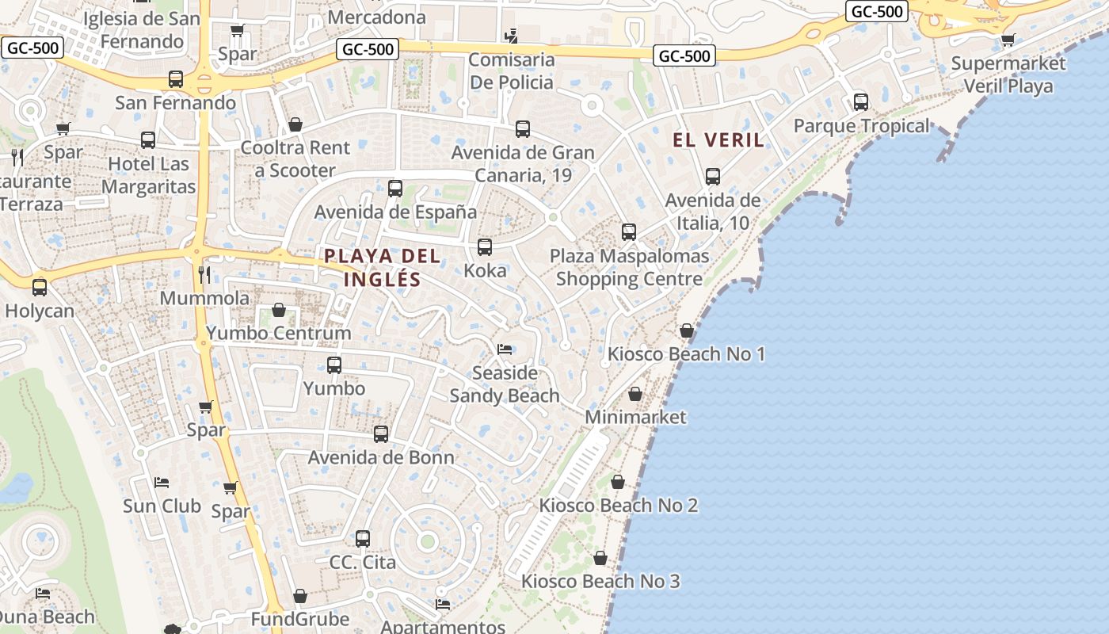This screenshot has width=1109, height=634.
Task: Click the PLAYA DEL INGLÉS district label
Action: tap(382, 267)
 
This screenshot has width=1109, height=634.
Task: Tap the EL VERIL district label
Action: tap(718, 140)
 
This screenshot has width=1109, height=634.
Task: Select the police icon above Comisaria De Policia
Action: tap(511, 36)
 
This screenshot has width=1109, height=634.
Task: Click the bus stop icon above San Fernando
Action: tap(176, 79)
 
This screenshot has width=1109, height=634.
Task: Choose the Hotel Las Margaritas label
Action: tap(149, 175)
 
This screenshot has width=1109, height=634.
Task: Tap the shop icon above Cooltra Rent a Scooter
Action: tap(295, 124)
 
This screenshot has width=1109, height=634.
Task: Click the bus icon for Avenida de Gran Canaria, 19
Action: tap(522, 128)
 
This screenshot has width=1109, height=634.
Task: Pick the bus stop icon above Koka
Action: tap(485, 246)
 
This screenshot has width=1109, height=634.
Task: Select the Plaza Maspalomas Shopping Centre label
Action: tap(629, 267)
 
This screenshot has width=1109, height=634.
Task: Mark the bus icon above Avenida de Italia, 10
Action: tap(713, 177)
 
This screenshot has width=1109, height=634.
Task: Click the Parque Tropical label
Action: tap(861, 126)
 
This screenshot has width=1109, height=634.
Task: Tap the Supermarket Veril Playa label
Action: tap(1008, 74)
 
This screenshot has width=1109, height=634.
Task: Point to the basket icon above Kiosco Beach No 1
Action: tap(687, 330)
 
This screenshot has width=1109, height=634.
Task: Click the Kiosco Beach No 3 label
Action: tap(600, 581)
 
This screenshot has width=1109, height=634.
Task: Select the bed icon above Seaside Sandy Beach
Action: tap(505, 349)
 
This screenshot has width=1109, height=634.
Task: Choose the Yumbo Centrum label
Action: tap(278, 333)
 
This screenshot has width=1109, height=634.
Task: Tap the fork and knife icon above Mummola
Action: tap(204, 275)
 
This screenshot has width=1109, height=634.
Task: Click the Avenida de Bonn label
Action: tap(381, 457)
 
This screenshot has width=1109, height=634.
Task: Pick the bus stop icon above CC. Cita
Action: tap(363, 539)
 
